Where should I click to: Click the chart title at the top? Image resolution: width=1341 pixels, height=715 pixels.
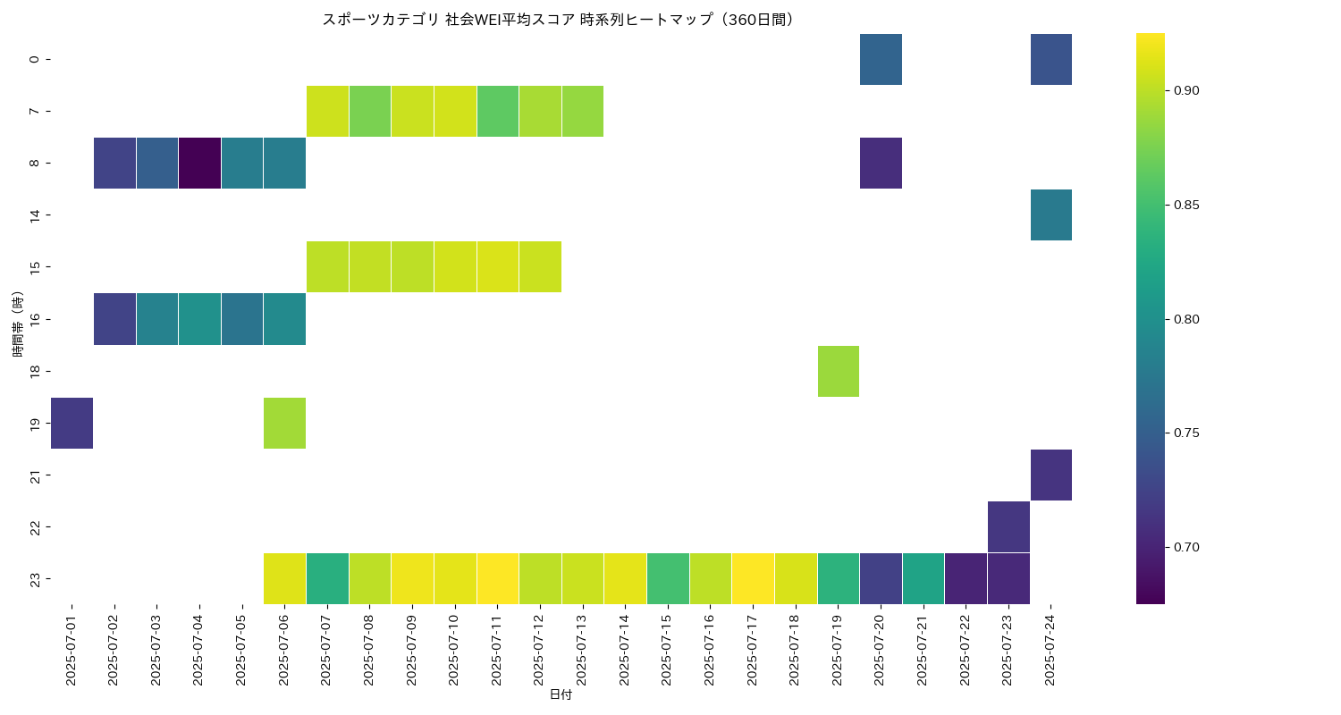tap(559, 20)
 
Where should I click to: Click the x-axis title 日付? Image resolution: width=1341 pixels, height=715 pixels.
tap(561, 694)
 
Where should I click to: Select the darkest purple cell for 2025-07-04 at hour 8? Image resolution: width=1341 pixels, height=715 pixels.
tap(199, 164)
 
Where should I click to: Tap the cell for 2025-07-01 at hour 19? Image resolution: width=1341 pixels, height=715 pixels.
tap(72, 423)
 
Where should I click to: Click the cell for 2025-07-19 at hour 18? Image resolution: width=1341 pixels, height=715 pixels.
tap(839, 371)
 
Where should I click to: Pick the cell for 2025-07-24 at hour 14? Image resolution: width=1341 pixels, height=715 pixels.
tap(1051, 215)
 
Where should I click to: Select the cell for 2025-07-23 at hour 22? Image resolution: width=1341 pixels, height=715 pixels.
tap(1008, 526)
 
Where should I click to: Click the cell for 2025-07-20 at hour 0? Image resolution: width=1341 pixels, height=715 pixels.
tap(881, 59)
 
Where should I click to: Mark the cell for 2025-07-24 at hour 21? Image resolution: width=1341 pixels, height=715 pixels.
tap(1051, 475)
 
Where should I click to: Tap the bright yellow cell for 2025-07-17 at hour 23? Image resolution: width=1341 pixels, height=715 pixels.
tap(753, 578)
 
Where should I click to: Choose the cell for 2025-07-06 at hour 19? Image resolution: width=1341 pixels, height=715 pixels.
tap(284, 423)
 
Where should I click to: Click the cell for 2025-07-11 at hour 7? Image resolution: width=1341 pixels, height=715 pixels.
tap(498, 112)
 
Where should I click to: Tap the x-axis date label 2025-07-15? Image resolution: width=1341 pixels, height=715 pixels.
tap(667, 650)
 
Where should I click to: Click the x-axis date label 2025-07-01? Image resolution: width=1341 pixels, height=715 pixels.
tap(72, 650)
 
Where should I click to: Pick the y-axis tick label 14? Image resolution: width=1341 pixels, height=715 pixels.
tap(34, 215)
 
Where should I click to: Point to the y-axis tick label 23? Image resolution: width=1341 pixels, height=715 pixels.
tap(34, 578)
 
